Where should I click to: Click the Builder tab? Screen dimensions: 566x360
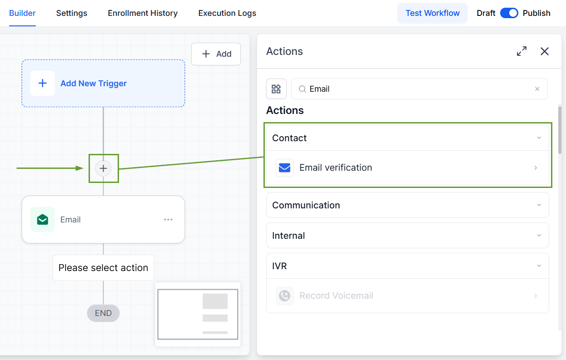22,13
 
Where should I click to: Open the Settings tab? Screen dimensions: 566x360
71,13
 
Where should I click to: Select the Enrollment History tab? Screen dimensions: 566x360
143,13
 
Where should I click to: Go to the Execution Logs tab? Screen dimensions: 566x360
227,13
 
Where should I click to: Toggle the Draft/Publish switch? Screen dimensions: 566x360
509,13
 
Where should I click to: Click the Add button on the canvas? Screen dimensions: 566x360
216,54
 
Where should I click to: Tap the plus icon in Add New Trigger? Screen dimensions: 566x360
42,84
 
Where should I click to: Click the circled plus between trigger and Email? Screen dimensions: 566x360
103,168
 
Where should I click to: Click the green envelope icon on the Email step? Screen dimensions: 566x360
42,219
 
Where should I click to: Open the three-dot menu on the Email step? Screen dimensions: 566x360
168,220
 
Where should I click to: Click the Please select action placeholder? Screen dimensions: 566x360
103,267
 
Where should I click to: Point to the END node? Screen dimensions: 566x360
103,313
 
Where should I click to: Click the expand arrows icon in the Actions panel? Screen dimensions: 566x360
521,51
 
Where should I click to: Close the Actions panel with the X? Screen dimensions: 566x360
545,51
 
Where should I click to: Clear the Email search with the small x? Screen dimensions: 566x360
537,89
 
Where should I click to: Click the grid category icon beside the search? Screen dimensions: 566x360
276,89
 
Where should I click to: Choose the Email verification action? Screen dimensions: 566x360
407,168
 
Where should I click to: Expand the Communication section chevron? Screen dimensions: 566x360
539,205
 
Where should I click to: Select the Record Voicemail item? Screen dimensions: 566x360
407,296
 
